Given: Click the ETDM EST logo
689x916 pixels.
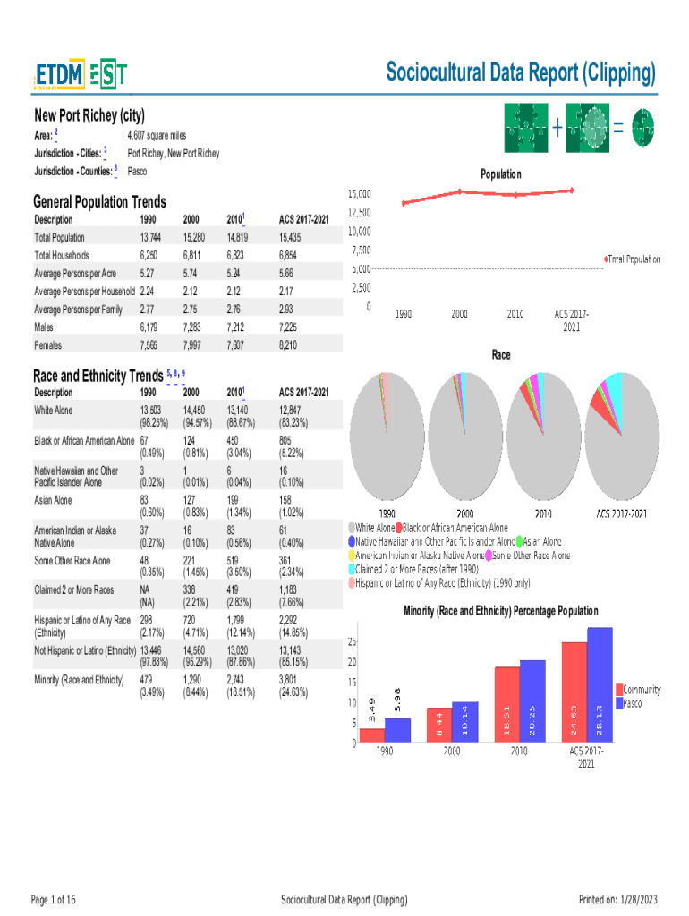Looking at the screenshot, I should click(x=81, y=76).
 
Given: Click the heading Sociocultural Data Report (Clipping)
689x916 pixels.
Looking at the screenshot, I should click(x=520, y=72).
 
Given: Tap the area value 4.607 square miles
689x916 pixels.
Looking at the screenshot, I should click(x=157, y=135).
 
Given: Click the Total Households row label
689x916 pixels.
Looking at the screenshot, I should click(x=62, y=255).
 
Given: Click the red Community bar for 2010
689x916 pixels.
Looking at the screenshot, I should click(x=507, y=704).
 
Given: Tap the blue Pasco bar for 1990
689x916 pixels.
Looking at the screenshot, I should click(x=397, y=730).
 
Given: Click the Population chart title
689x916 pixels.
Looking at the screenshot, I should click(x=500, y=174).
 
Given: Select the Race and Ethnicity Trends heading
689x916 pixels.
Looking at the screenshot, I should click(x=98, y=375).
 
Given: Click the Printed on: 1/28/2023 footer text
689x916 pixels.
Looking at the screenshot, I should click(x=618, y=899).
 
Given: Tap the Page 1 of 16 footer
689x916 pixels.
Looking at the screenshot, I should click(x=54, y=899).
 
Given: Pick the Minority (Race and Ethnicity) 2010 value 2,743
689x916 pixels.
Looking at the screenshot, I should click(x=238, y=680).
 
